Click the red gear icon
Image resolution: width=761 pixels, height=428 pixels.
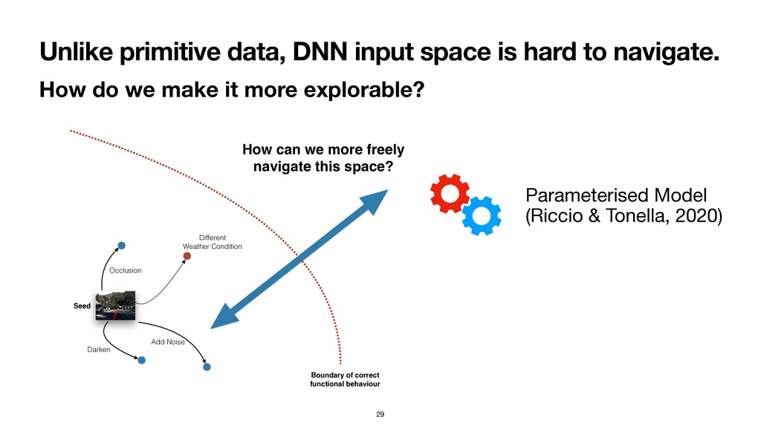[450, 193]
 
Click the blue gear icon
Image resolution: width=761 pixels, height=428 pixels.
[482, 215]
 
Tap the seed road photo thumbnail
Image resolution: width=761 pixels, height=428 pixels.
[115, 305]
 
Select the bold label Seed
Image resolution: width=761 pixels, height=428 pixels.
[82, 305]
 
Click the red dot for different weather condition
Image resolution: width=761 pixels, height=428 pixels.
[187, 256]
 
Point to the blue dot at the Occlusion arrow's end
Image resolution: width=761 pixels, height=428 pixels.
[121, 245]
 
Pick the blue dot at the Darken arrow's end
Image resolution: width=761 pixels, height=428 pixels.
[142, 360]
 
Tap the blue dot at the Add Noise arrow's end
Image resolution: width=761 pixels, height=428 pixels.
[207, 367]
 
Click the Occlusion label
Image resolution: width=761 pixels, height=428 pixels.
[125, 270]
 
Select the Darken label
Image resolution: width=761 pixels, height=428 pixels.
[99, 349]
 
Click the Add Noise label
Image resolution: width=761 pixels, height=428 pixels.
[168, 342]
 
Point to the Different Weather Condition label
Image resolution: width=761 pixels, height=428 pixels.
[212, 241]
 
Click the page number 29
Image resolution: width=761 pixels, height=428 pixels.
[380, 414]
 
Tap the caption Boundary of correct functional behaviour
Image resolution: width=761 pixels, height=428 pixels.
[345, 379]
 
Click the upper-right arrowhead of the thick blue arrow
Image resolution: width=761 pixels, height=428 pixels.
[378, 198]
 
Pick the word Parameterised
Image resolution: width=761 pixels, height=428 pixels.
[586, 195]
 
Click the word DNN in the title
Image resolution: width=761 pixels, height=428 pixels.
[320, 51]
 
